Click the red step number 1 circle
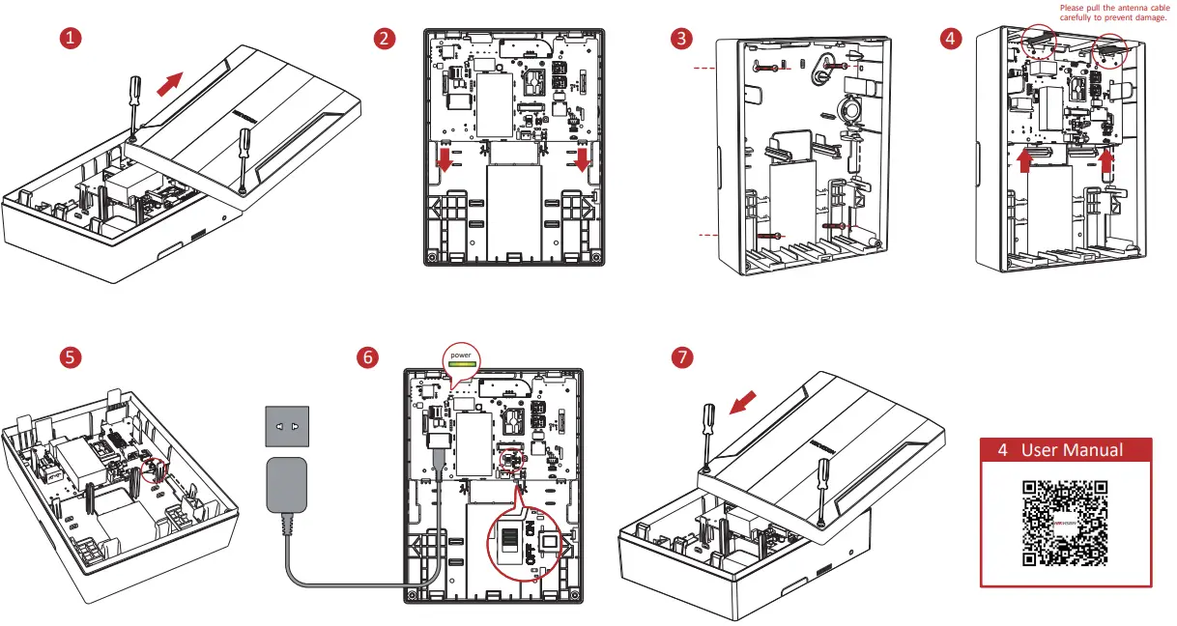[70, 39]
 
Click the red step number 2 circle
[385, 39]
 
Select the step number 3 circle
[683, 39]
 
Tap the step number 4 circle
[952, 39]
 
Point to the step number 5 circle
[70, 356]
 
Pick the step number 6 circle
[367, 356]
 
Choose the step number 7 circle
[683, 356]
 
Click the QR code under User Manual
[1066, 523]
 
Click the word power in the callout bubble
[462, 356]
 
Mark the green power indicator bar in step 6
[462, 365]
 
